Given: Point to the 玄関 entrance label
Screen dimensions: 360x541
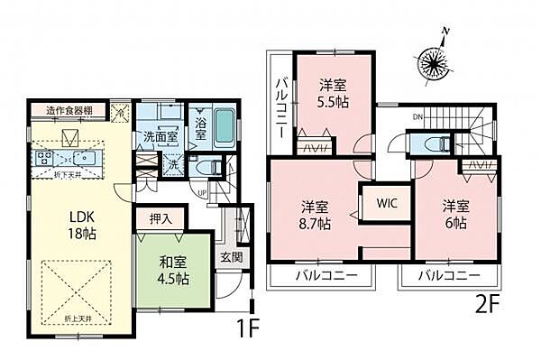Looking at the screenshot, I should pos(230,255).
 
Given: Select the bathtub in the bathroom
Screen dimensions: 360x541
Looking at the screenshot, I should pos(225,129).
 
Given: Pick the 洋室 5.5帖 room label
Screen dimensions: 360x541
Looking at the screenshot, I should pos(333,94).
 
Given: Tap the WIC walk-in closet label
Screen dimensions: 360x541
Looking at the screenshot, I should pos(388,203).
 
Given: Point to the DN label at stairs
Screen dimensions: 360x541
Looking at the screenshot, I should pos(417,116).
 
